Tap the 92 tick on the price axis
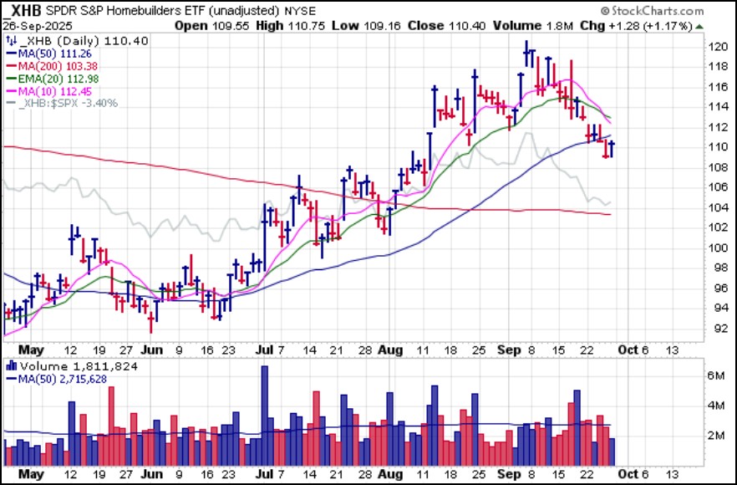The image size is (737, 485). [x=716, y=329]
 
